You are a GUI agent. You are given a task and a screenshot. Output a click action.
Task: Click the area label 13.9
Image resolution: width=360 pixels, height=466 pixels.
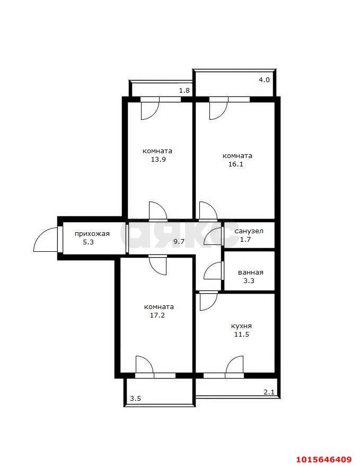[158, 159]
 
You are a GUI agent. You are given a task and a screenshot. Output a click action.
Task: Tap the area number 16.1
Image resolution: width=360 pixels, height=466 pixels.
[236, 164]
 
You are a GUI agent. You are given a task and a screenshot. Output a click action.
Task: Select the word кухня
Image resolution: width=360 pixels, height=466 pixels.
[241, 326]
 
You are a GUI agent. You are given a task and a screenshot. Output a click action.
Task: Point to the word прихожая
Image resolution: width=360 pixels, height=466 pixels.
[92, 234]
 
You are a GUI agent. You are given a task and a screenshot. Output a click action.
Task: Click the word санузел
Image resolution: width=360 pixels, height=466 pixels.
[249, 231]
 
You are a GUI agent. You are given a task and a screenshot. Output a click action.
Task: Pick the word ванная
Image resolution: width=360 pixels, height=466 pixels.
[251, 272]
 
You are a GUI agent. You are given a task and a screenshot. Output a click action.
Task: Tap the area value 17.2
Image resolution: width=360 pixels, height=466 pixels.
[157, 315]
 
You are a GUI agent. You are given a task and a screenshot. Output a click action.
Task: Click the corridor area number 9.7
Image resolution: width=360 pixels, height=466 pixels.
[179, 242]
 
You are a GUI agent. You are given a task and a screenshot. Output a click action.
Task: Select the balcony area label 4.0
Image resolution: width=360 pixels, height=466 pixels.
[264, 80]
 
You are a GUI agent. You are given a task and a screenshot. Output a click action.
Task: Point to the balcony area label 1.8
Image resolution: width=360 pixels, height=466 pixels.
[185, 90]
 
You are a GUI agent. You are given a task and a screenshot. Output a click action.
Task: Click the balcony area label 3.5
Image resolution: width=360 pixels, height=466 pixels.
[136, 399]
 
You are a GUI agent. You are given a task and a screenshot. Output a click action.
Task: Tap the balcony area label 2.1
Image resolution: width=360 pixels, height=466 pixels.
[269, 392]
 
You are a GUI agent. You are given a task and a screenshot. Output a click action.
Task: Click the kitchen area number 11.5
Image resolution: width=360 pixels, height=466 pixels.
[242, 335]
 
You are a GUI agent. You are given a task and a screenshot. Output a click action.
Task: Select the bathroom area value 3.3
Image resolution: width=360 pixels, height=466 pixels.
[249, 281]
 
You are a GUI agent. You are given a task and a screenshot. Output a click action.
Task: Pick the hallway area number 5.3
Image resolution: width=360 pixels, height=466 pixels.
[89, 242]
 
